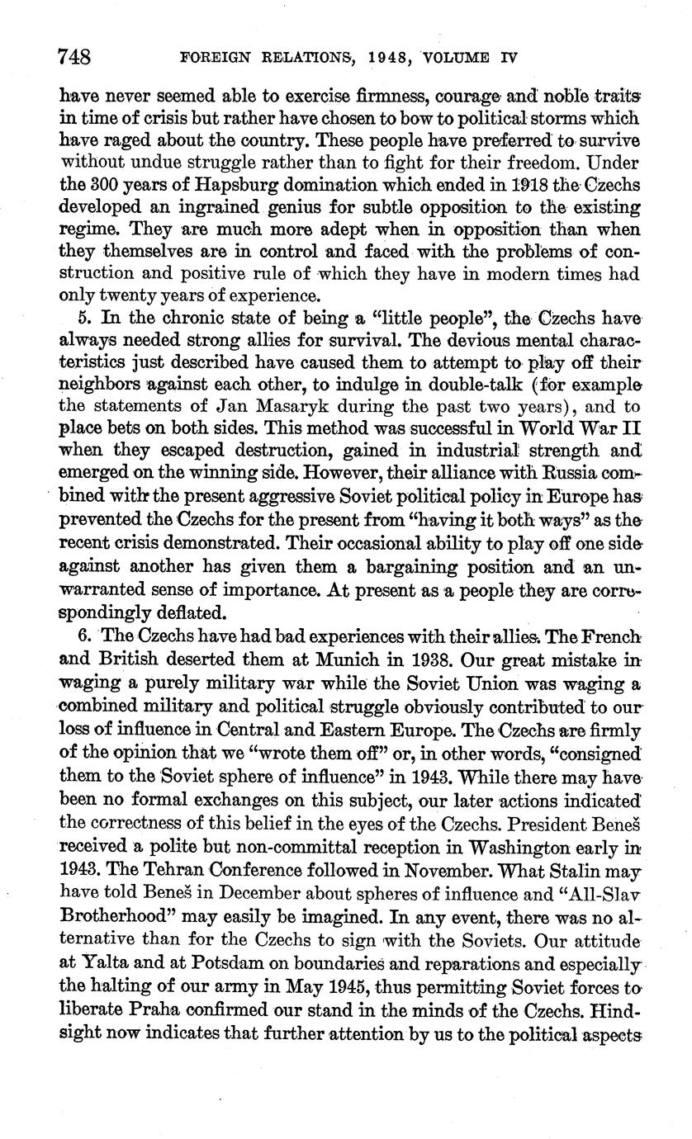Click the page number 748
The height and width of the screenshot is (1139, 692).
(73, 57)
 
